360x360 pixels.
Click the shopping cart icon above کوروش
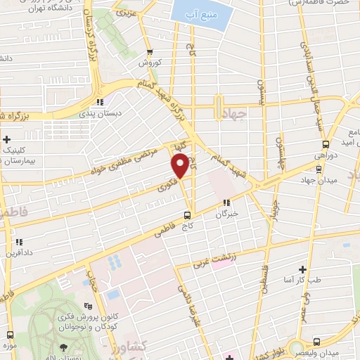(x=149, y=52)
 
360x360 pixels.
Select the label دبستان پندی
(x=120, y=112)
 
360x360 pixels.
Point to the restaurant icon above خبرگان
(x=227, y=203)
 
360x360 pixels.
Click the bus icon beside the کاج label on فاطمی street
(x=186, y=215)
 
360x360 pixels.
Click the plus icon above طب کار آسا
(x=302, y=269)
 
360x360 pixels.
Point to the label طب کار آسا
(x=304, y=281)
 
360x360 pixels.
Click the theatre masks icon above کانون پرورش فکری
(x=87, y=307)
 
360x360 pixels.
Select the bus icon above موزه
(x=11, y=333)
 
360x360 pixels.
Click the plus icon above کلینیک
(x=8, y=139)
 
